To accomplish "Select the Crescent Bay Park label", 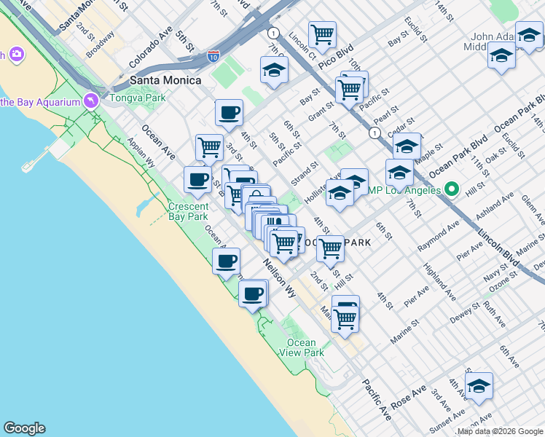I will coord(188,211).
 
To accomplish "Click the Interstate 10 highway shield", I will coord(213,55).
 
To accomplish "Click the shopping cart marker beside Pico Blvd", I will coord(321,34).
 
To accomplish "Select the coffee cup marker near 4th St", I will coord(229,113).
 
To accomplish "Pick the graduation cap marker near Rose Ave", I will coord(479,386).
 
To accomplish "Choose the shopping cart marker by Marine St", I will coord(345,318).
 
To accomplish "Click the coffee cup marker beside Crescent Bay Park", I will coord(197,179).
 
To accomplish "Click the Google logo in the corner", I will coord(24,428).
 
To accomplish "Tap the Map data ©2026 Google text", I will coord(500,432).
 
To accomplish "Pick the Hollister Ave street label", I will coord(318,191).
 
